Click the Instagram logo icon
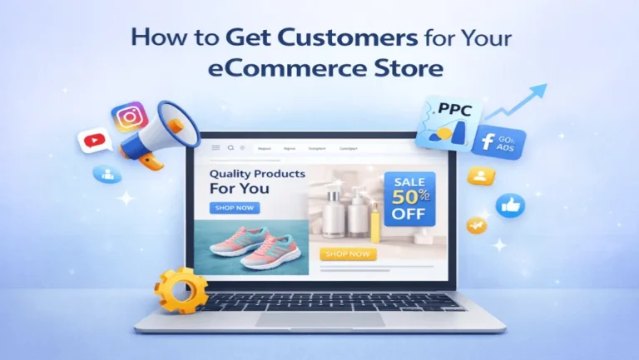tap(130, 117)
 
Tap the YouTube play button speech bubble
tap(94, 140)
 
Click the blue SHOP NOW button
tap(235, 209)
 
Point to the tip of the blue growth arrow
tap(546, 86)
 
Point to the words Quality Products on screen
tap(256, 175)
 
